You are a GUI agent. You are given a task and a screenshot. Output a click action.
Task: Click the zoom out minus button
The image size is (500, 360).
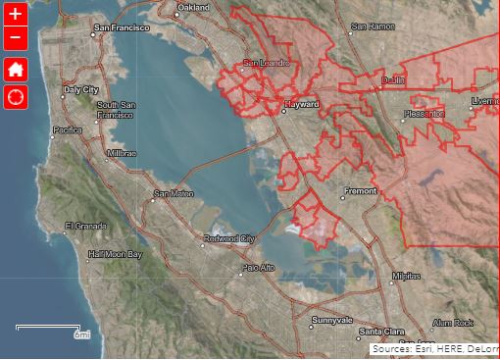click(x=15, y=38)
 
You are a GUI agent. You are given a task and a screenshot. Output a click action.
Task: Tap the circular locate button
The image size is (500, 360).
click(x=15, y=96)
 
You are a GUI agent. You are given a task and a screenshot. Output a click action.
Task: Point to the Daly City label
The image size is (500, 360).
click(x=81, y=89)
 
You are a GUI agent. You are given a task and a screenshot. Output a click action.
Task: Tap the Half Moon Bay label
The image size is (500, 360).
click(x=115, y=255)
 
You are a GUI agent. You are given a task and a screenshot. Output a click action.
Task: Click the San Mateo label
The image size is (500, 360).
click(x=174, y=193)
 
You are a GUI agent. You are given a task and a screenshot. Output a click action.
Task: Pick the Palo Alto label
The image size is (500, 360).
click(x=259, y=267)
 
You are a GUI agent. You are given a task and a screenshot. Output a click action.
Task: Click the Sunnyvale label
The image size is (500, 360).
click(x=331, y=320)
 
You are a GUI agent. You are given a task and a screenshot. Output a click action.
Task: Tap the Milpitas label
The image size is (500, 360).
click(x=406, y=277)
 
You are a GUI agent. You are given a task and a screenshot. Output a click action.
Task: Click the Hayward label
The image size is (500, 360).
click(x=301, y=103)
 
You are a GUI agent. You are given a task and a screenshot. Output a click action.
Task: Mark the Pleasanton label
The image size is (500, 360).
click(x=425, y=113)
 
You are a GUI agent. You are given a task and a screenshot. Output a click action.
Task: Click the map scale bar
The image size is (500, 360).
click(x=48, y=327)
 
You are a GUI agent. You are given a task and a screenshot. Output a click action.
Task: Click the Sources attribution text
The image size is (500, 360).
click(x=434, y=348)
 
